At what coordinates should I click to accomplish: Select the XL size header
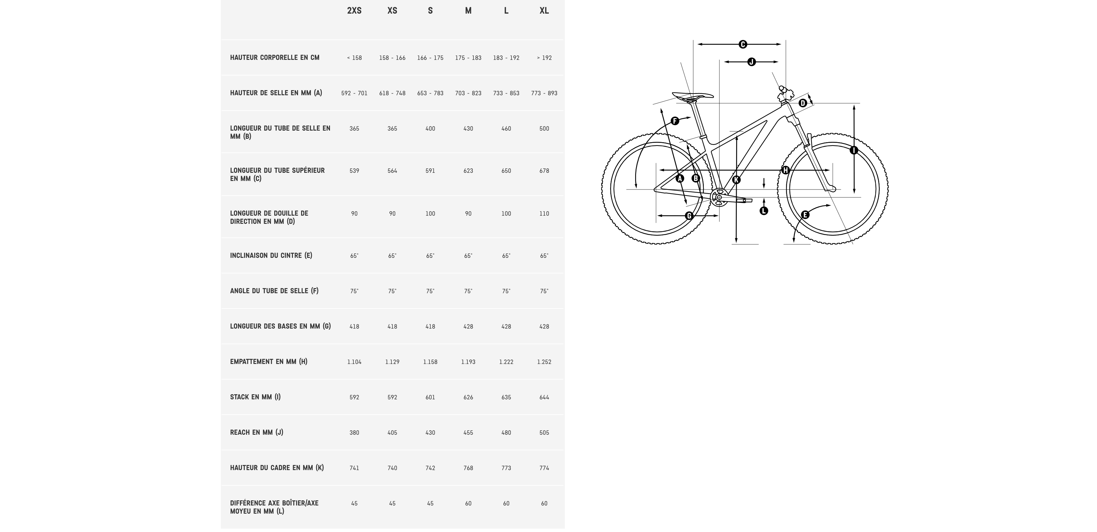click(x=544, y=11)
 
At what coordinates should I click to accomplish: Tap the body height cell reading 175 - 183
click(x=468, y=58)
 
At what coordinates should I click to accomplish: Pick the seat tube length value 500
click(x=544, y=129)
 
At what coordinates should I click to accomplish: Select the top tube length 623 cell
click(x=468, y=171)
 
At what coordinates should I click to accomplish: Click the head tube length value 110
click(x=544, y=214)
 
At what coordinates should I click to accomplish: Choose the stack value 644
click(x=544, y=397)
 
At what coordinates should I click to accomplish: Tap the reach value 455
click(x=468, y=433)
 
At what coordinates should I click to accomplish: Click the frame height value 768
click(x=468, y=468)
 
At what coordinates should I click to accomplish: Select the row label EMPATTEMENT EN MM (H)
click(x=269, y=362)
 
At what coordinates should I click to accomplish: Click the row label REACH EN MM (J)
click(x=257, y=432)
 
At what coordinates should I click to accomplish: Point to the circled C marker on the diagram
click(x=743, y=44)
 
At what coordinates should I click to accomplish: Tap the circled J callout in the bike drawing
click(x=752, y=62)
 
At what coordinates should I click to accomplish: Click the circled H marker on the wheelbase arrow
click(x=785, y=170)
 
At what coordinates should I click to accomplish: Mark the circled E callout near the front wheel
click(x=805, y=215)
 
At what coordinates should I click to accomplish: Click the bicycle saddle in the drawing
click(x=693, y=96)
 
